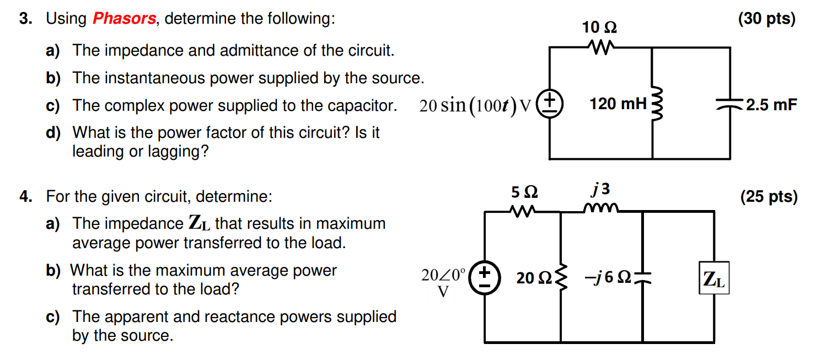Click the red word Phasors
point(124,19)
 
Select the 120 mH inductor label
point(617,103)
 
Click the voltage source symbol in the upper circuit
point(550,104)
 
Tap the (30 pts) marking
point(767,19)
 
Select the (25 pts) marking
point(769,197)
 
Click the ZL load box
point(714,278)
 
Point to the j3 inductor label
point(600,190)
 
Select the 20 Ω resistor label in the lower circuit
point(533,278)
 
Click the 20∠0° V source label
point(443,281)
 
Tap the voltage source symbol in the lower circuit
point(484,278)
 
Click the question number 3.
point(25,19)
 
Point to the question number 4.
point(25,196)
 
